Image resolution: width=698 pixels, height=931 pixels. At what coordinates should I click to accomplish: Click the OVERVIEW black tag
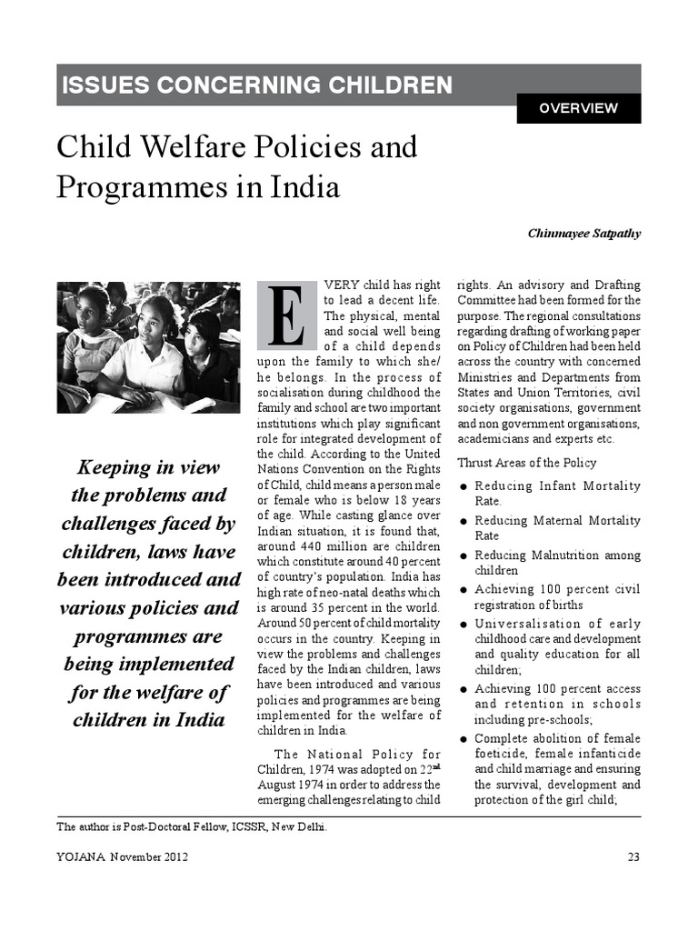[x=578, y=108]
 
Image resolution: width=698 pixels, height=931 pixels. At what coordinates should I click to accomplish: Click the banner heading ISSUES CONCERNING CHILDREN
[x=256, y=85]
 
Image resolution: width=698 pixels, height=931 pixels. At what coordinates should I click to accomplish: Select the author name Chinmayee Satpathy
[x=583, y=233]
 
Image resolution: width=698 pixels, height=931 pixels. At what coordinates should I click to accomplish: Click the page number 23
[x=633, y=856]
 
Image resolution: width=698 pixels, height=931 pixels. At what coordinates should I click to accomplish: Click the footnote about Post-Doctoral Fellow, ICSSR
[x=192, y=826]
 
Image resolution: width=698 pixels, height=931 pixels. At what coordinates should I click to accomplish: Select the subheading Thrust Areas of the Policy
[x=527, y=463]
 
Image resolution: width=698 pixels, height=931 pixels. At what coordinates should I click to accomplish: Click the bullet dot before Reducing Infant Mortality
[x=464, y=487]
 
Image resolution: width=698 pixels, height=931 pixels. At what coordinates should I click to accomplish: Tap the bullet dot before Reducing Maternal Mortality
[x=464, y=522]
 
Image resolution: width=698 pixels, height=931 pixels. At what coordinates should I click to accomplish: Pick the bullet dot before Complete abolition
[x=464, y=739]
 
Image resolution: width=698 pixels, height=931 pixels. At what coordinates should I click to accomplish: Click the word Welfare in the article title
[x=181, y=147]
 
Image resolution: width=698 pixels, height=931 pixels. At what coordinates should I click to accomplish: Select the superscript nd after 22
[x=435, y=765]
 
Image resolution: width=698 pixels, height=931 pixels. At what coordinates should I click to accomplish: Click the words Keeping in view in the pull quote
[x=148, y=467]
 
